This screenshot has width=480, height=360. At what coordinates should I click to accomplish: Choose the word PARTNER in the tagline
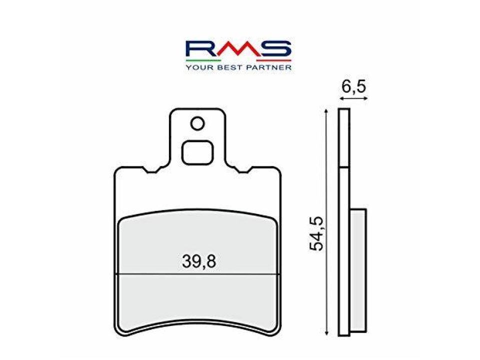coord(270,66)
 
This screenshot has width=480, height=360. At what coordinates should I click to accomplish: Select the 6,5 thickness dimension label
coord(354,87)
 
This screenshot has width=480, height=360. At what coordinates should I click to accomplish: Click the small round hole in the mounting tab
coord(197,123)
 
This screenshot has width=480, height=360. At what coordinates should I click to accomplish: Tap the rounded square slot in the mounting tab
coord(197,152)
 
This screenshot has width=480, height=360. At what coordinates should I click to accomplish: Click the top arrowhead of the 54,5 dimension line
coord(326,109)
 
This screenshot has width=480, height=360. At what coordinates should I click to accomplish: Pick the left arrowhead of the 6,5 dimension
coord(340,99)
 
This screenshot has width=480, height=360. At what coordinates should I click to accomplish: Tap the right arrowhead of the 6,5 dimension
coord(365,99)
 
